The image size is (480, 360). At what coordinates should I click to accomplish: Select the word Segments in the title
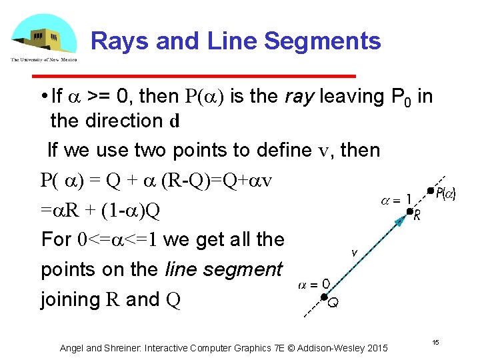pyautogui.click(x=322, y=41)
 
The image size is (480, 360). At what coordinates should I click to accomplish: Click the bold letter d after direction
pyautogui.click(x=175, y=122)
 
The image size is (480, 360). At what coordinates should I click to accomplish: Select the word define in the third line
pyautogui.click(x=238, y=150)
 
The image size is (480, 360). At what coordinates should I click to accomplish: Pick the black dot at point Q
pyautogui.click(x=323, y=297)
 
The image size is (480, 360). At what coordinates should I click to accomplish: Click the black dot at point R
pyautogui.click(x=410, y=211)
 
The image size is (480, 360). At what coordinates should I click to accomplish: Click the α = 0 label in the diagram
pyautogui.click(x=313, y=285)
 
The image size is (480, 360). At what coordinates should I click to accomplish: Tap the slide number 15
pyautogui.click(x=435, y=342)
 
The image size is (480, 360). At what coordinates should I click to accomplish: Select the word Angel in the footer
pyautogui.click(x=72, y=348)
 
